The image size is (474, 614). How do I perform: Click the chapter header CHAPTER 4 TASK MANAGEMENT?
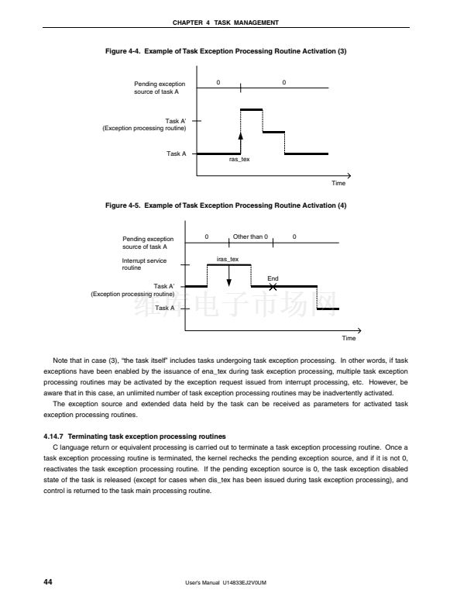click(236, 22)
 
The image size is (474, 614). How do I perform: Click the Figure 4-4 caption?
click(225, 51)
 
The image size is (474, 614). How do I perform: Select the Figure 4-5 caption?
click(225, 205)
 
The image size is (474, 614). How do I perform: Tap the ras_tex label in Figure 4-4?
click(239, 159)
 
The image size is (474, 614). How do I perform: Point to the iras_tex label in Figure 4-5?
click(228, 259)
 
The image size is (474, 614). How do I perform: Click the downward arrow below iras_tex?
click(229, 278)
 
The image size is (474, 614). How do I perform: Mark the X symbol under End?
click(273, 287)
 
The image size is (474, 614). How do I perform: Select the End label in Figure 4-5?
click(273, 278)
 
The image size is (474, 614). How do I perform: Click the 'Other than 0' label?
click(250, 236)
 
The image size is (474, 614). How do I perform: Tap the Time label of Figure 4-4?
click(338, 183)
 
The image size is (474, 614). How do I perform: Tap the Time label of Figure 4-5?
click(349, 338)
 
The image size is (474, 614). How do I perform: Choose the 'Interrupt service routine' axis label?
click(144, 264)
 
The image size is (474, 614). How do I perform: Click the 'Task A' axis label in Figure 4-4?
click(176, 153)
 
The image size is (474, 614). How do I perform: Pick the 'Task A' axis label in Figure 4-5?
click(164, 308)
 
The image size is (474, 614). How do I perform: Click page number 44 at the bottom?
click(48, 581)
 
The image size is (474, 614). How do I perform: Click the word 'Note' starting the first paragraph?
click(60, 361)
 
